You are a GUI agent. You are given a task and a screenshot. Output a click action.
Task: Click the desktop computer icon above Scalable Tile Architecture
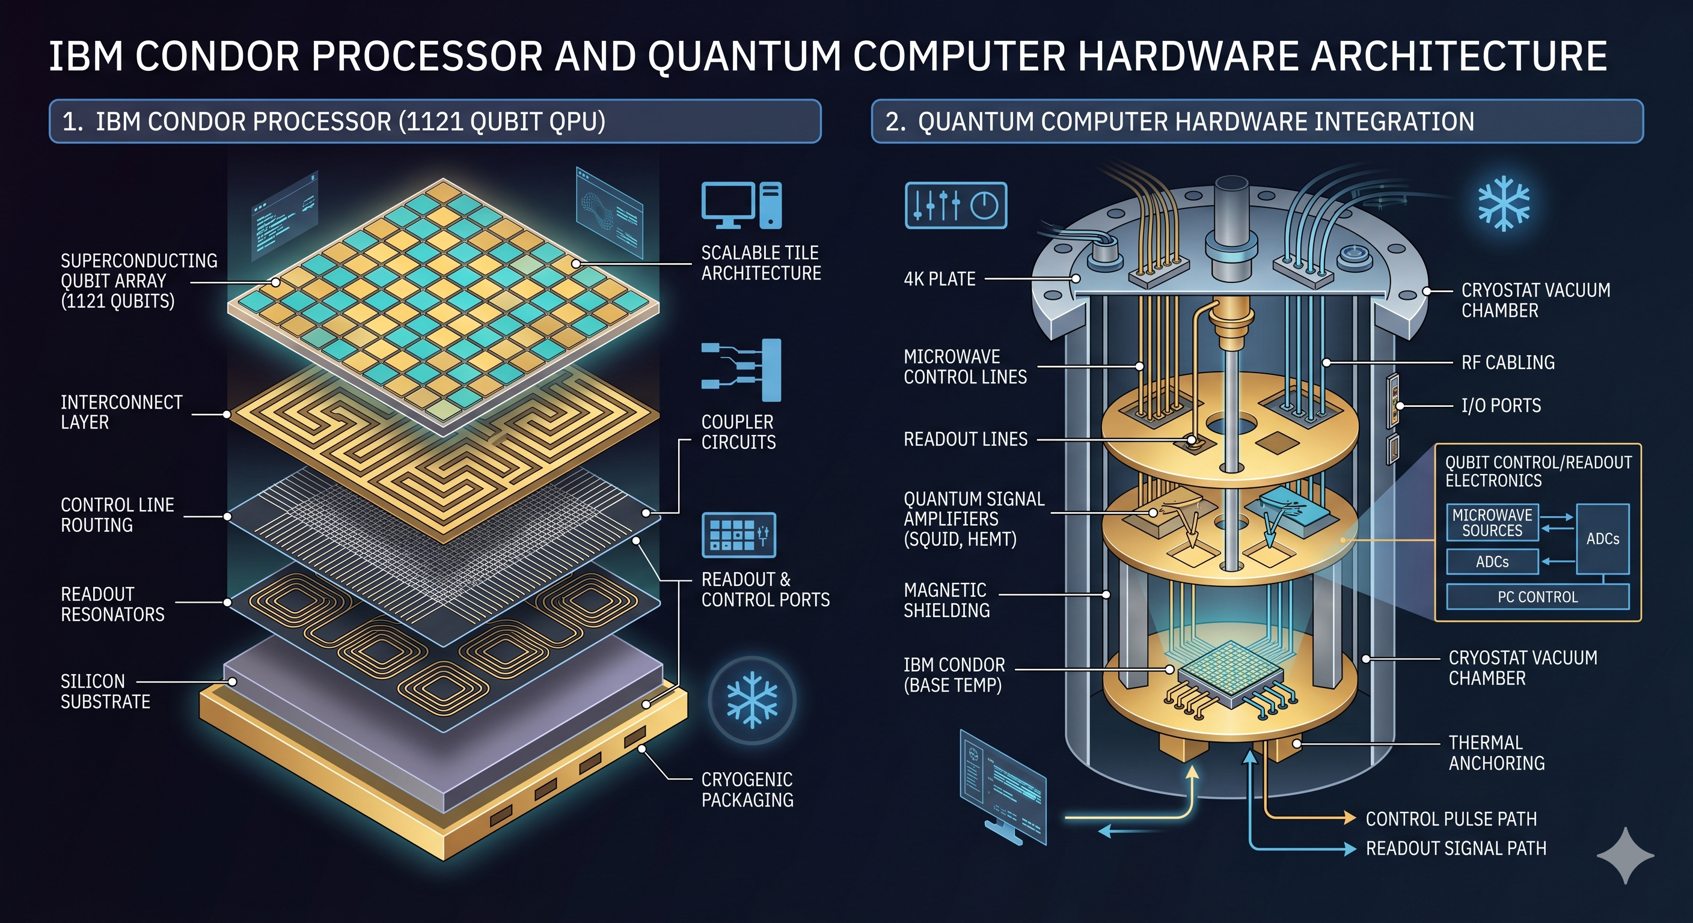[x=741, y=205]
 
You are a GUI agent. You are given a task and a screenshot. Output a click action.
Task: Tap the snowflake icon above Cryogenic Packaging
[x=752, y=699]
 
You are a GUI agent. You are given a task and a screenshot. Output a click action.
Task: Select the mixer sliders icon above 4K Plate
[x=955, y=205]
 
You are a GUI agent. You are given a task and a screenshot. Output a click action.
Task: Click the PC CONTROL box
[x=1537, y=597]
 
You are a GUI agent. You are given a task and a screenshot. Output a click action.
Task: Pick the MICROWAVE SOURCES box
[x=1492, y=522]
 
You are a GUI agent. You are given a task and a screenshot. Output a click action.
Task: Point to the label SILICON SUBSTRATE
[x=105, y=691]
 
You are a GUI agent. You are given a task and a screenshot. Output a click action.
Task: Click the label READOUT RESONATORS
[x=112, y=604]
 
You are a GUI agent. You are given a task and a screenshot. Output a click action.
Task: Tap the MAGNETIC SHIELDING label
[x=946, y=600]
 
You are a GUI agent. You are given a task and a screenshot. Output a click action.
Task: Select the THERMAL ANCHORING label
[x=1496, y=753]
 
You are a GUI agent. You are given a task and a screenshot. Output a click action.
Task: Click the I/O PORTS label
[x=1501, y=406]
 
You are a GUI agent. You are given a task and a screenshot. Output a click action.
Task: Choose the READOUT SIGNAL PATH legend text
[x=1456, y=848]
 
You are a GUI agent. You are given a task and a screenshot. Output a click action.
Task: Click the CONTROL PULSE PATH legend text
[x=1451, y=818]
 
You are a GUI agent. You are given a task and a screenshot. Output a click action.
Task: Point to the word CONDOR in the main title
[x=218, y=56]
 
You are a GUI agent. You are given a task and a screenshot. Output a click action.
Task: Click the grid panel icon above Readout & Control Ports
[x=739, y=535]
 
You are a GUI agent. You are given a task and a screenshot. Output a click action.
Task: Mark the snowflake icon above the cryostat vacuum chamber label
[x=1504, y=203]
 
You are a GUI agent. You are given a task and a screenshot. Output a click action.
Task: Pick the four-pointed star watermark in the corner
[x=1625, y=855]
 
